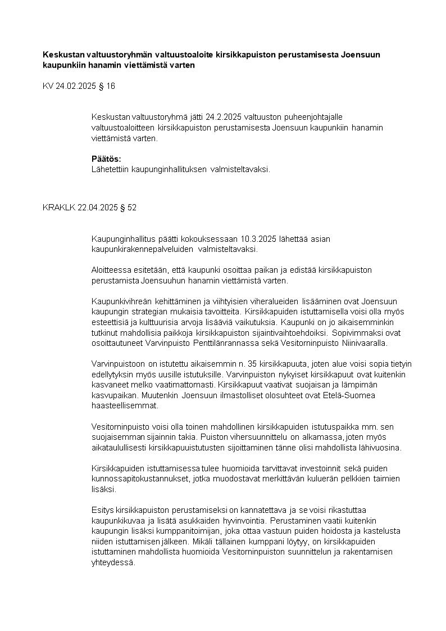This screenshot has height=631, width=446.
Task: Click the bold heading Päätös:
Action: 106,159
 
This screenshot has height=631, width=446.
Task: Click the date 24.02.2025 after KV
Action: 76,86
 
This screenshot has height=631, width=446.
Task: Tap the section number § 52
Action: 128,207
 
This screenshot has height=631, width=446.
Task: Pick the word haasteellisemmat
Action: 125,405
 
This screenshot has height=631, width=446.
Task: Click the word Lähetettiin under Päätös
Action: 110,168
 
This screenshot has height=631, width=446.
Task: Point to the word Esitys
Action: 102,510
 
